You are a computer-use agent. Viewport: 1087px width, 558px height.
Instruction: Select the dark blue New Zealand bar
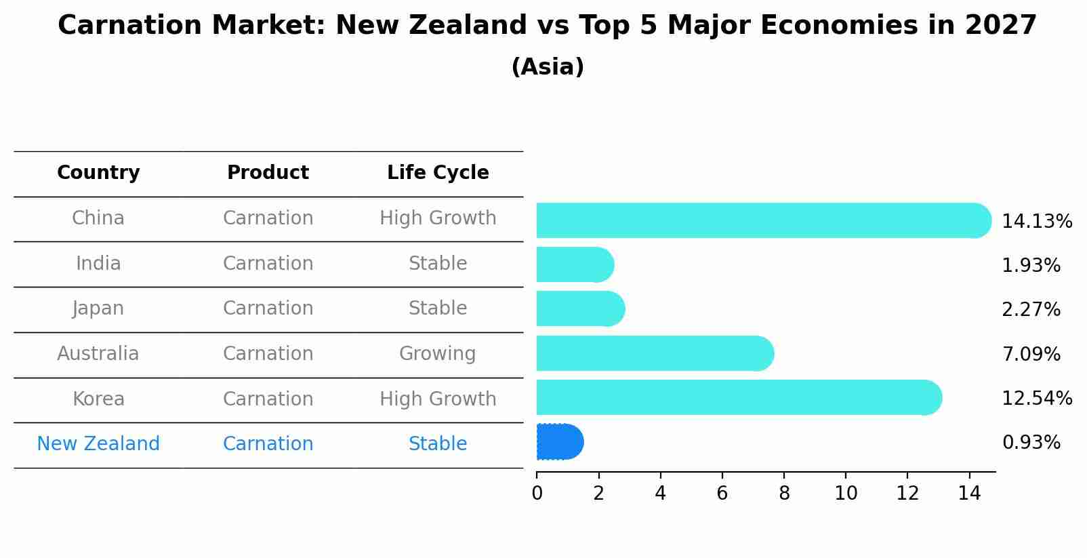pyautogui.click(x=559, y=442)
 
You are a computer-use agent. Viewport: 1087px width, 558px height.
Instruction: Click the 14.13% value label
pyautogui.click(x=1036, y=222)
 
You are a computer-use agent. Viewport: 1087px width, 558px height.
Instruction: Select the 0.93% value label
pyautogui.click(x=1031, y=443)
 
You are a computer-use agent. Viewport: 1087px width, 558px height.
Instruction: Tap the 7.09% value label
pyautogui.click(x=1031, y=354)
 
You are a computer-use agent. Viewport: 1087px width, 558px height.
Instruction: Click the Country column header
pyautogui.click(x=98, y=173)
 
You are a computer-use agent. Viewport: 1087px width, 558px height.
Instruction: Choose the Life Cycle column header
pyautogui.click(x=438, y=173)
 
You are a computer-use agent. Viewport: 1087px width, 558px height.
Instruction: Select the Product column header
pyautogui.click(x=268, y=173)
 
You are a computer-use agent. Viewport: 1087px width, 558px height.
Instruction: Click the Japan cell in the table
pyautogui.click(x=98, y=308)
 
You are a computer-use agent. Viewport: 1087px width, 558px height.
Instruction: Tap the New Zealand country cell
pyautogui.click(x=98, y=444)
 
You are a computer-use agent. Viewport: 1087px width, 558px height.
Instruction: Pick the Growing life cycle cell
pyautogui.click(x=437, y=354)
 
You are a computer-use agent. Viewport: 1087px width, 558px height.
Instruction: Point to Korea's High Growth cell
pyautogui.click(x=438, y=399)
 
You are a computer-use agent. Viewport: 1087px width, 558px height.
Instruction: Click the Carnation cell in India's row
pyautogui.click(x=268, y=264)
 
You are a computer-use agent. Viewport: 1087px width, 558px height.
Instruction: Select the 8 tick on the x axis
pyautogui.click(x=784, y=493)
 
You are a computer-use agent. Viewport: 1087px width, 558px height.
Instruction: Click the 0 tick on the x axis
pyautogui.click(x=537, y=493)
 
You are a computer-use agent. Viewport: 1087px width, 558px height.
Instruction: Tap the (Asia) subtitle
pyautogui.click(x=548, y=67)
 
